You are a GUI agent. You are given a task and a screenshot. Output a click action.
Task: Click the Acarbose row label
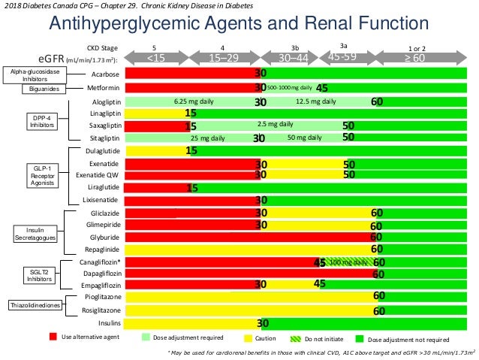tap(104, 74)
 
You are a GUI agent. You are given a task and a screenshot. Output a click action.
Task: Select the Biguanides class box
tap(44, 89)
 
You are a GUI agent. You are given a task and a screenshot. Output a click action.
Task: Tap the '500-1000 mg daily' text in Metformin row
tap(289, 88)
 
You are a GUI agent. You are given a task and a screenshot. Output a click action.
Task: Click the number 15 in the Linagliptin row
tap(191, 113)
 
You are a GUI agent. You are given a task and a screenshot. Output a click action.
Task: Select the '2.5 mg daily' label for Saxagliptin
tap(275, 125)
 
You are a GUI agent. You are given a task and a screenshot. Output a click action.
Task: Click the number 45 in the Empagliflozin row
tap(319, 284)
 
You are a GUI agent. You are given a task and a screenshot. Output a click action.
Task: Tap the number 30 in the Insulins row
tap(264, 323)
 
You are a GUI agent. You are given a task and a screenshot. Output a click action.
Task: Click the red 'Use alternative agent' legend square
tap(53, 338)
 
